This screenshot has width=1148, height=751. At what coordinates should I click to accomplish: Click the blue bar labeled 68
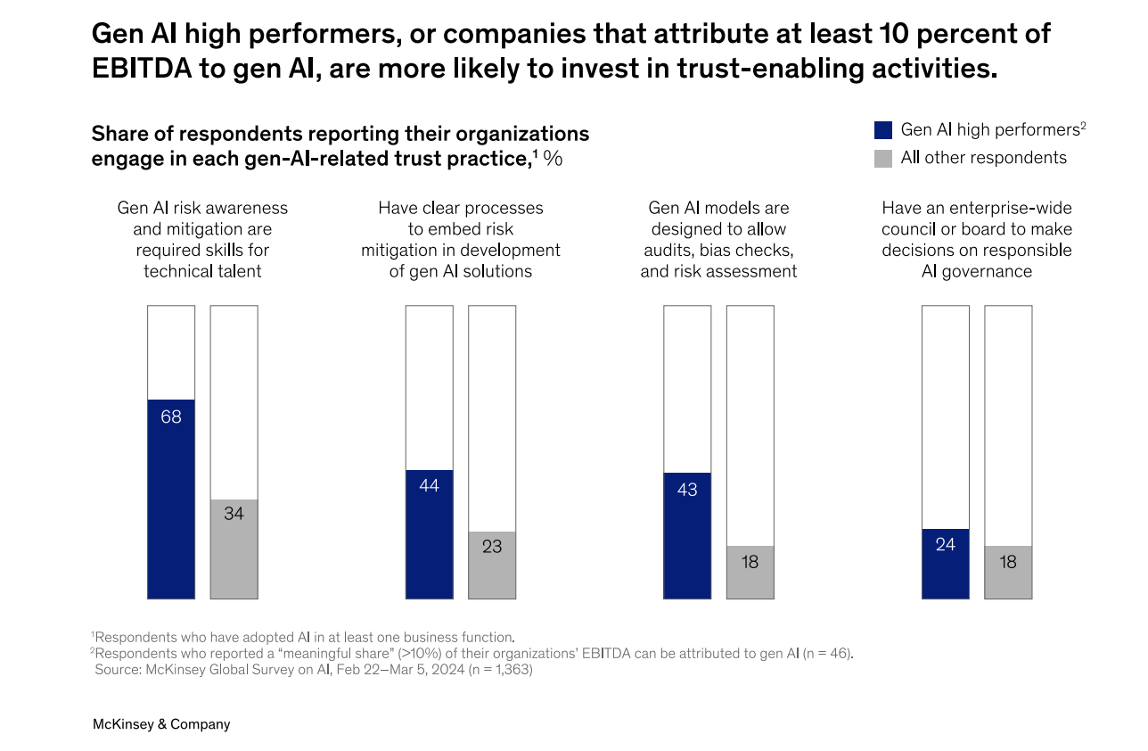(171, 499)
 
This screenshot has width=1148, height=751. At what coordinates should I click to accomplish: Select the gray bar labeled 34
(234, 549)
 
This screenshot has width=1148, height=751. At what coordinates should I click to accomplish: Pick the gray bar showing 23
(492, 565)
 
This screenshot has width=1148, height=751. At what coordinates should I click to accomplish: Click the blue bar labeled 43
(687, 535)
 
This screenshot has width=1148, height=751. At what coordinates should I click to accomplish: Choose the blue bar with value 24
(946, 563)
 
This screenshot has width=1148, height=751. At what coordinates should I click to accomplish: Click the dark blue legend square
(883, 130)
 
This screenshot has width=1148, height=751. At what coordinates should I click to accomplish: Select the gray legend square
(883, 159)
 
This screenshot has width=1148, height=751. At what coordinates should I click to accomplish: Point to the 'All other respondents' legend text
(983, 158)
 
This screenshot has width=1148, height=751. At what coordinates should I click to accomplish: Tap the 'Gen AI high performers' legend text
(989, 129)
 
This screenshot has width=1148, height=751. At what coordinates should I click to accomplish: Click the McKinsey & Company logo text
(161, 724)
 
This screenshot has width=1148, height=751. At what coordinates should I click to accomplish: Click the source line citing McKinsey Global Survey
(314, 669)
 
